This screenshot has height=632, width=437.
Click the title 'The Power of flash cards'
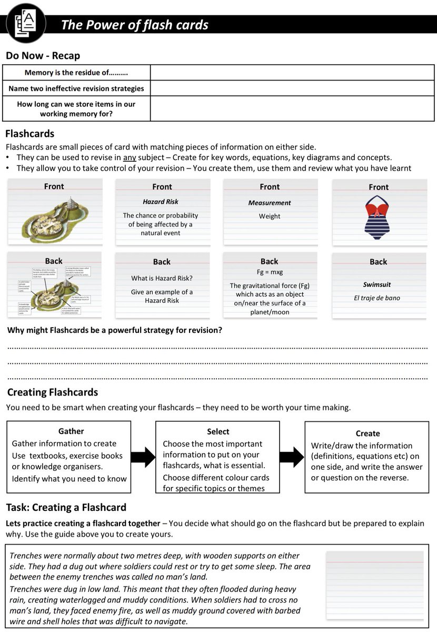click(x=134, y=25)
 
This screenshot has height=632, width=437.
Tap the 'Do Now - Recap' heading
click(x=43, y=56)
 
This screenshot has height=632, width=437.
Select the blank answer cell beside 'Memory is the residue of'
click(x=293, y=73)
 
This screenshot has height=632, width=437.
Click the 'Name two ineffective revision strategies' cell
click(x=76, y=88)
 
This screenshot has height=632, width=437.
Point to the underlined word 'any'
click(x=129, y=157)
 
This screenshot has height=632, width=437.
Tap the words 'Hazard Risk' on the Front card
click(x=161, y=202)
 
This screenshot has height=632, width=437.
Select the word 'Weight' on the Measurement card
click(x=270, y=216)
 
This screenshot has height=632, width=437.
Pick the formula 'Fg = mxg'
click(x=269, y=272)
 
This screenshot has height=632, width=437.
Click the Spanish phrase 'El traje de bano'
click(x=377, y=298)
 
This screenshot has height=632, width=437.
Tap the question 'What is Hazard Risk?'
click(x=162, y=278)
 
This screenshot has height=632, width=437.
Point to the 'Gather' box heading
click(x=71, y=431)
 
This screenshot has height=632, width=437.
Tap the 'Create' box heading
click(x=368, y=433)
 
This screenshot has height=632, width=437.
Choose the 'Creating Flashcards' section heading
click(x=53, y=392)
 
